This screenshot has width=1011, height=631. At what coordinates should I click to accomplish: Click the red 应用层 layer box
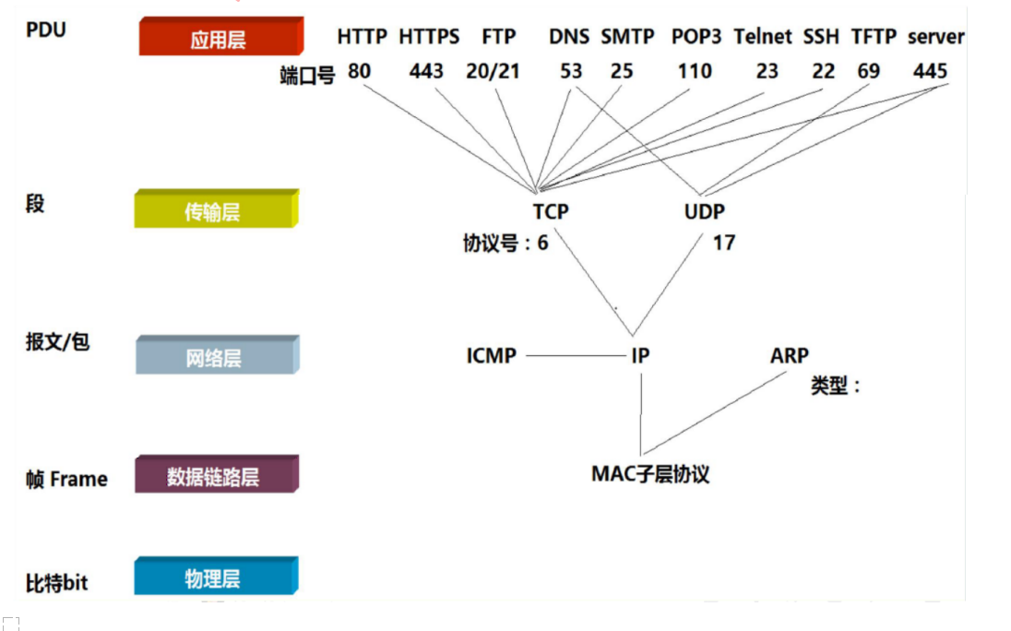point(220,39)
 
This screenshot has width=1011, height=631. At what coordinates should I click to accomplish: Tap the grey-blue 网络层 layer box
point(214,357)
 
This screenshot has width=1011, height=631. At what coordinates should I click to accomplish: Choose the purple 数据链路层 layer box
point(214,476)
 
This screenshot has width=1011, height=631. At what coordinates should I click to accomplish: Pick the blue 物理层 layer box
point(214,577)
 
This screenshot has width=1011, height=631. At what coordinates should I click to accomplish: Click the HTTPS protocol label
point(429,37)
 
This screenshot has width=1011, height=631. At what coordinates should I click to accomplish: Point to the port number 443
point(427,71)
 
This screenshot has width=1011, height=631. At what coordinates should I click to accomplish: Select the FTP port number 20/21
point(493,71)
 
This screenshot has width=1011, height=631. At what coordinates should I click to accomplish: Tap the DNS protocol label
point(568,37)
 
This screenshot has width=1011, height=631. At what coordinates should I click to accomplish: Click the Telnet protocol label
point(763,37)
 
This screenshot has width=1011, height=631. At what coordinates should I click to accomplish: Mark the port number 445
point(930,71)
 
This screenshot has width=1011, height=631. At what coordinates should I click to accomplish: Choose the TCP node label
point(551,211)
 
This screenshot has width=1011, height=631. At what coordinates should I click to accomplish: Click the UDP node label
point(705,211)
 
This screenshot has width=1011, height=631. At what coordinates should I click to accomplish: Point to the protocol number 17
point(723,244)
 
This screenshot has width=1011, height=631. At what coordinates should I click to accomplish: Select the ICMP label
point(491,355)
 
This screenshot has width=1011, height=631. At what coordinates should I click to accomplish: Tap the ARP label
point(789,355)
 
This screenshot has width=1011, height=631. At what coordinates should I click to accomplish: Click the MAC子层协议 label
point(650,474)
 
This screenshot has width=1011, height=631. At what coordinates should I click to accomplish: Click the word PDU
point(46,29)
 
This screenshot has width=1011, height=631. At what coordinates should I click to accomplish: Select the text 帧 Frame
point(66,479)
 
